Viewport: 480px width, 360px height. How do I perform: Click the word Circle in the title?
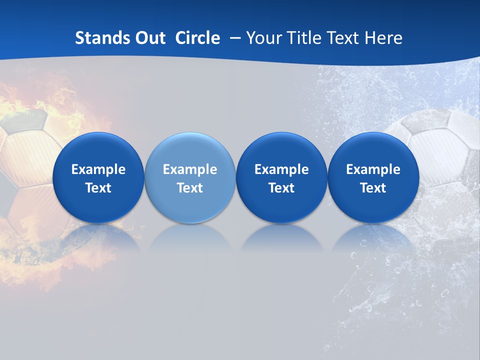click(x=197, y=38)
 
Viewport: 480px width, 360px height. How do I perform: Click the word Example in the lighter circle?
click(x=190, y=169)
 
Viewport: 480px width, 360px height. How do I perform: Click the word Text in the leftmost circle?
click(x=98, y=188)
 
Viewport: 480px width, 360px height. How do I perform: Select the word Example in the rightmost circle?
click(x=373, y=169)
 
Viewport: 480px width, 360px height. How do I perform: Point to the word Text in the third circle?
click(x=281, y=188)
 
